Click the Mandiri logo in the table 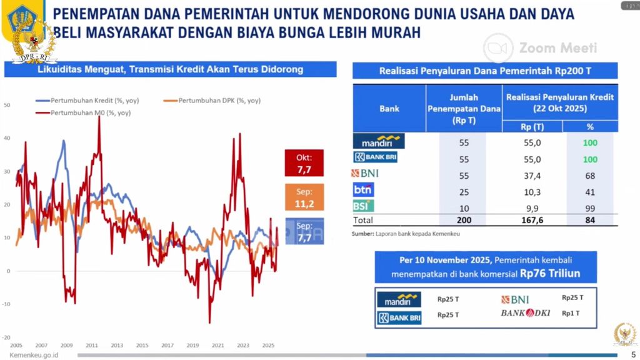click(x=379, y=141)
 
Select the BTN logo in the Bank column click(x=364, y=189)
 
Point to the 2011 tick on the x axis click(x=92, y=345)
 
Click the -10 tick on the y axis click(x=7, y=304)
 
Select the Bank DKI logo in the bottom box click(x=525, y=312)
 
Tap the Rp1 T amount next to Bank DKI click(x=571, y=312)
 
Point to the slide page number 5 click(x=632, y=354)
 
